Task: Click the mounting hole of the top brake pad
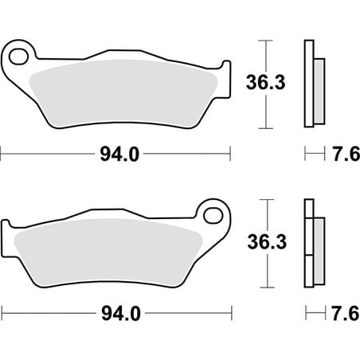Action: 18,57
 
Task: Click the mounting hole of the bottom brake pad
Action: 213,215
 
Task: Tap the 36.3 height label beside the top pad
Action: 265,82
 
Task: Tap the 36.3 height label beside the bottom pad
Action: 267,241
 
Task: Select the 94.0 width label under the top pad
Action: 119,155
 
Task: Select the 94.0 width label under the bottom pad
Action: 121,314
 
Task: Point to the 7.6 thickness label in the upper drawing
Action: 346,154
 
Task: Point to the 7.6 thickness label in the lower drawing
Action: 346,313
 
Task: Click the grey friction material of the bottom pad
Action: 109,252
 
